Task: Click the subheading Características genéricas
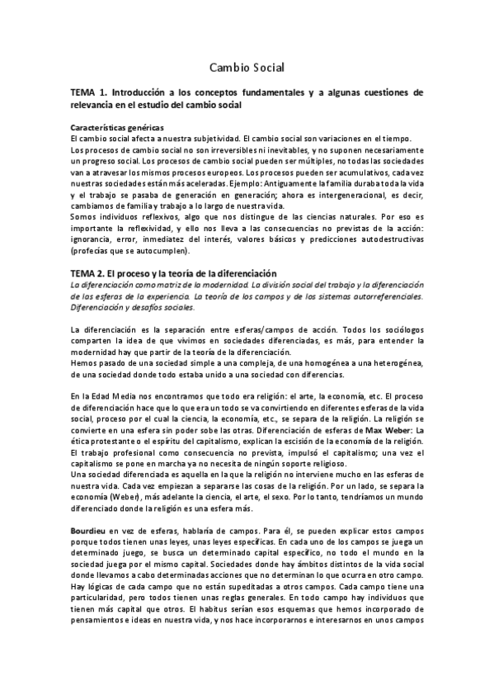tap(117, 128)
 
